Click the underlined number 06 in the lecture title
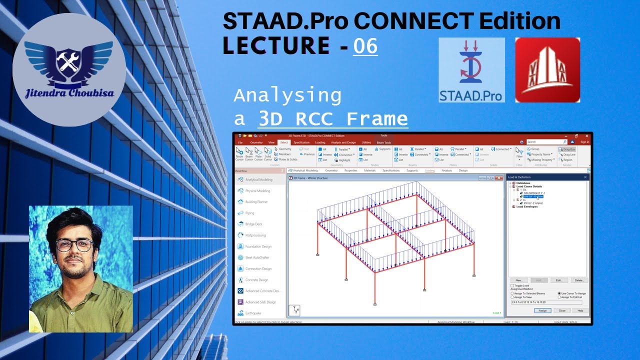pyautogui.click(x=365, y=46)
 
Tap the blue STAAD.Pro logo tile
pyautogui.click(x=471, y=70)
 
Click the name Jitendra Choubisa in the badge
pyautogui.click(x=69, y=93)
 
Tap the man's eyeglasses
pyautogui.click(x=74, y=245)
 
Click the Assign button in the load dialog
pyautogui.click(x=542, y=310)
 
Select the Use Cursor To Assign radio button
pyautogui.click(x=559, y=293)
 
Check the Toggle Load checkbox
pyautogui.click(x=512, y=285)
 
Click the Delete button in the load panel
pyautogui.click(x=579, y=280)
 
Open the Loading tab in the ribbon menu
pyautogui.click(x=320, y=142)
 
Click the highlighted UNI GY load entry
pyautogui.click(x=533, y=197)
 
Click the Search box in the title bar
pyautogui.click(x=546, y=142)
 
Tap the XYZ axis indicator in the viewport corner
pyautogui.click(x=295, y=310)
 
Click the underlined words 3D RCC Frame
pyautogui.click(x=332, y=119)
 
